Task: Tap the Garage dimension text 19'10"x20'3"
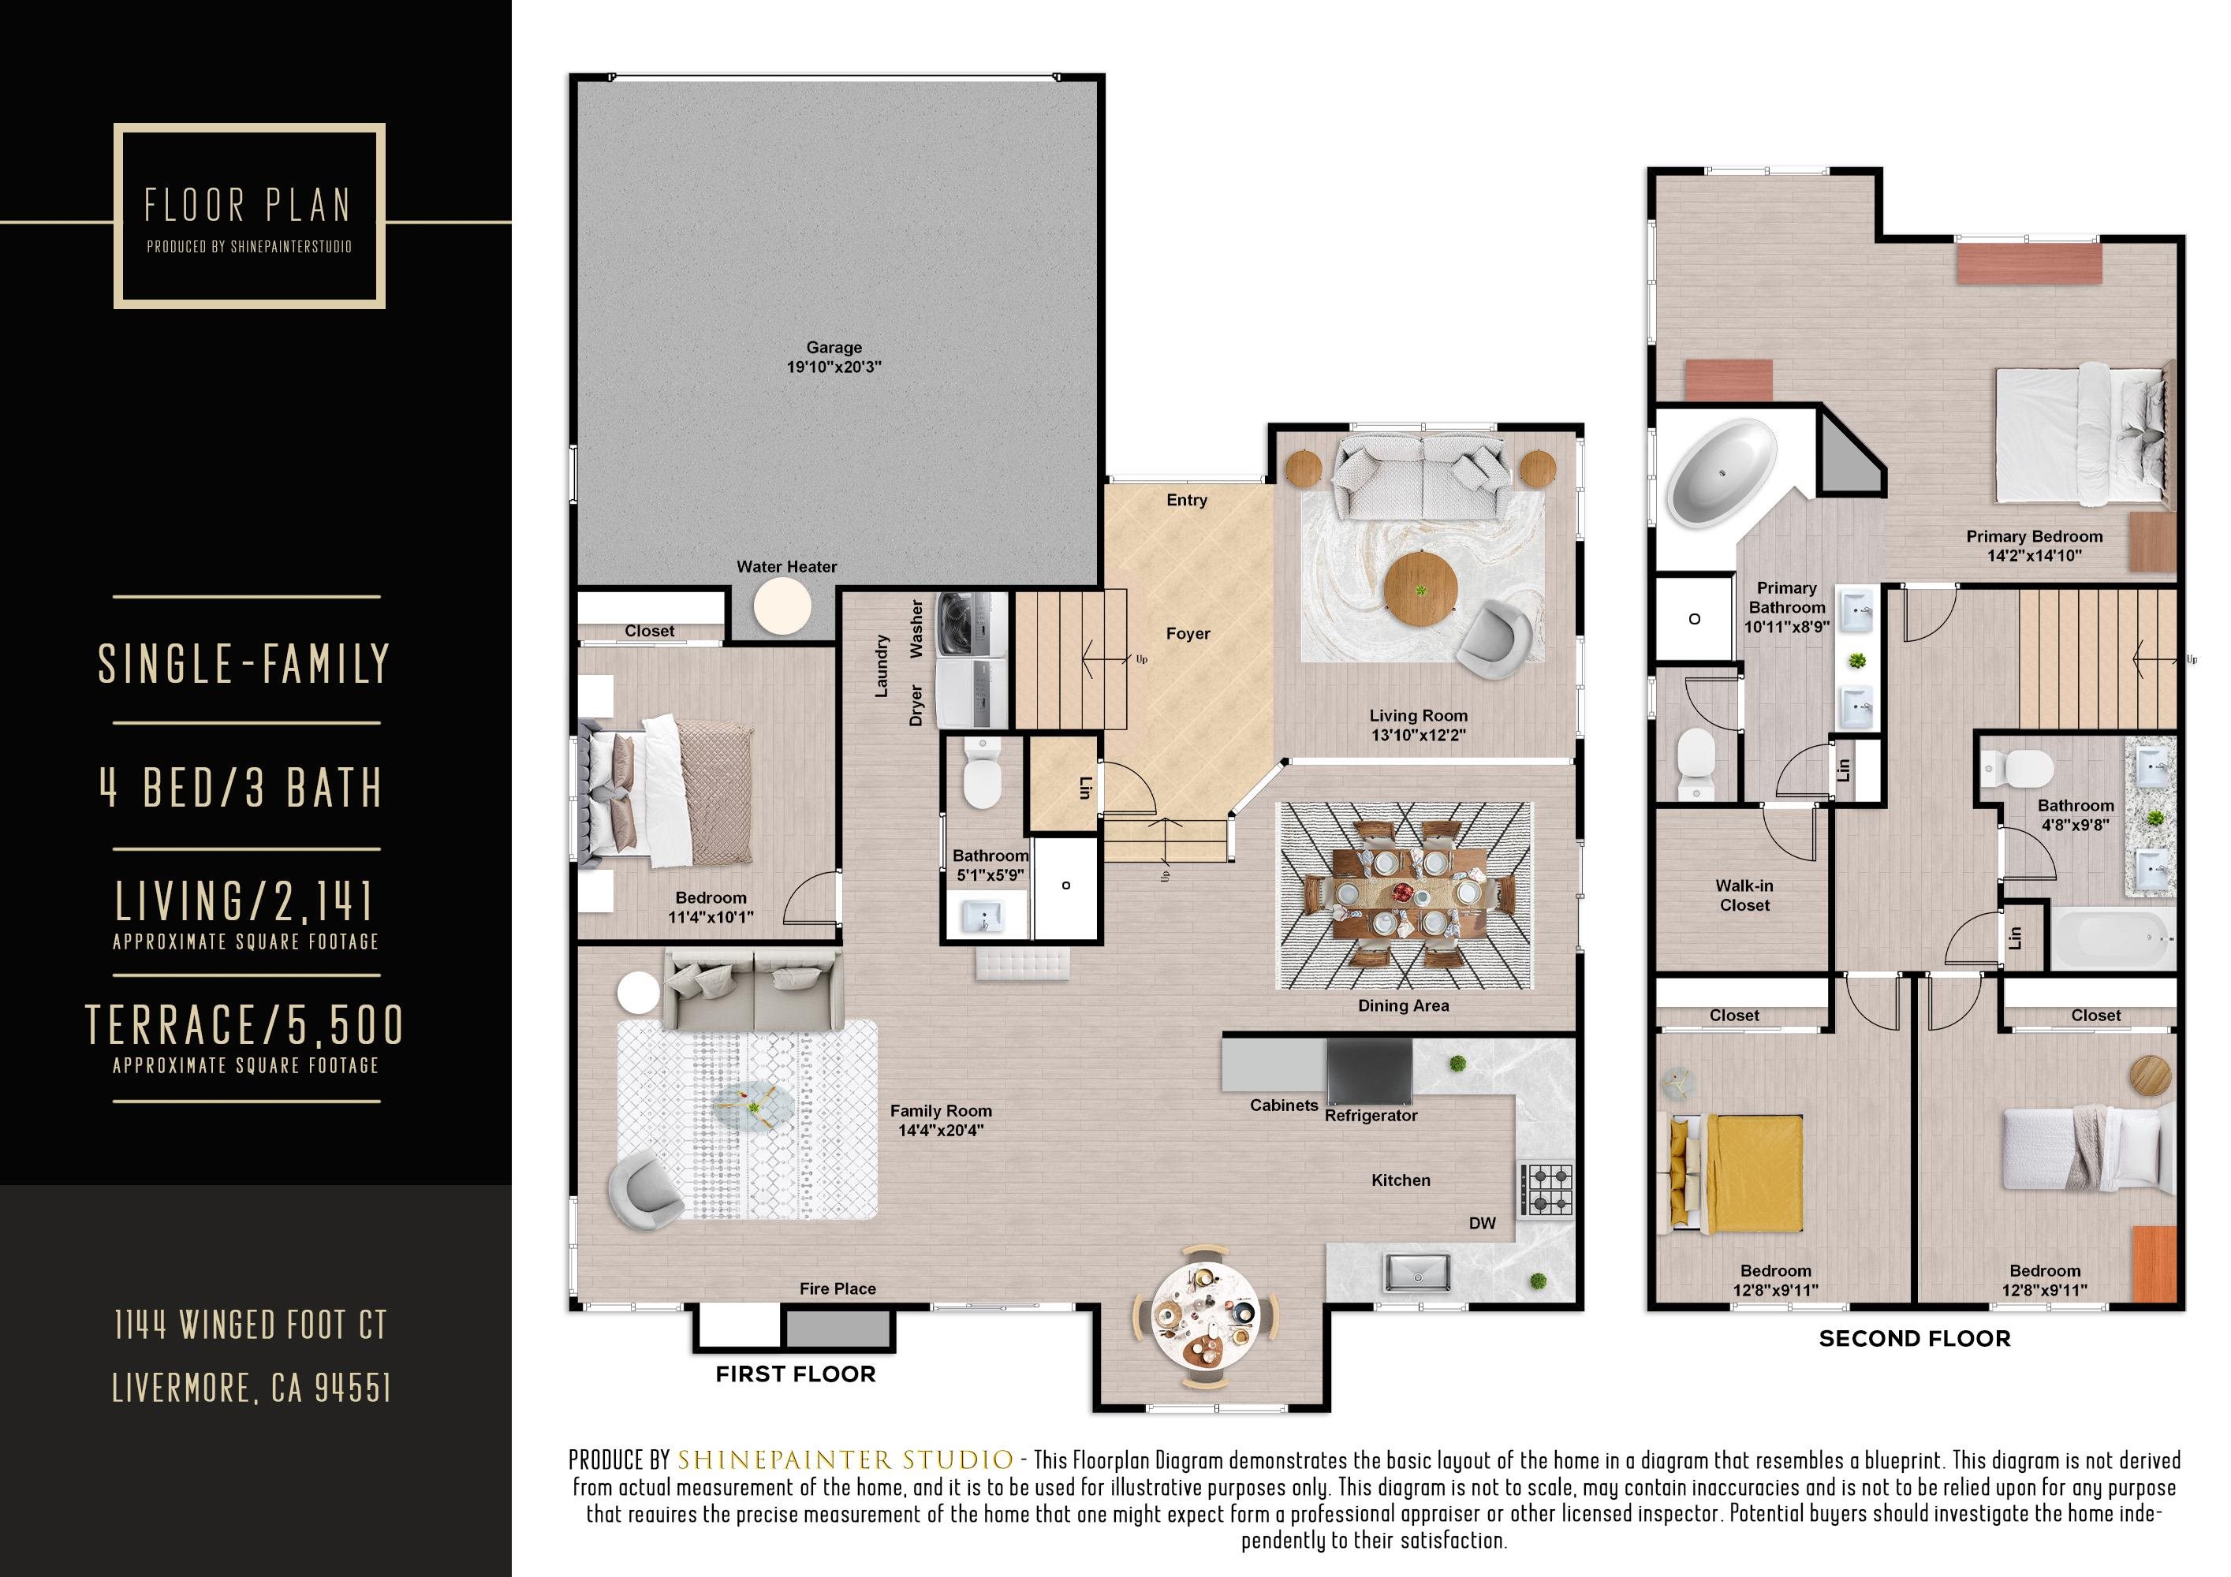click(834, 367)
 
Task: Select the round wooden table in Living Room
click(1420, 589)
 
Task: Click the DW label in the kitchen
click(1482, 1223)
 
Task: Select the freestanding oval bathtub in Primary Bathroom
click(1721, 472)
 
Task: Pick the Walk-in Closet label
click(1744, 895)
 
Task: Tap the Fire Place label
click(837, 1288)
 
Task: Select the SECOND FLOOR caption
click(1913, 1338)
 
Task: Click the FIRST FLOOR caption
click(795, 1374)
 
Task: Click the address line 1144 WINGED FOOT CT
click(251, 1325)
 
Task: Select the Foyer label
click(1188, 633)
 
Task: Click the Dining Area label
click(1402, 1005)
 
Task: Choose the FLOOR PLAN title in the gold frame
click(248, 206)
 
